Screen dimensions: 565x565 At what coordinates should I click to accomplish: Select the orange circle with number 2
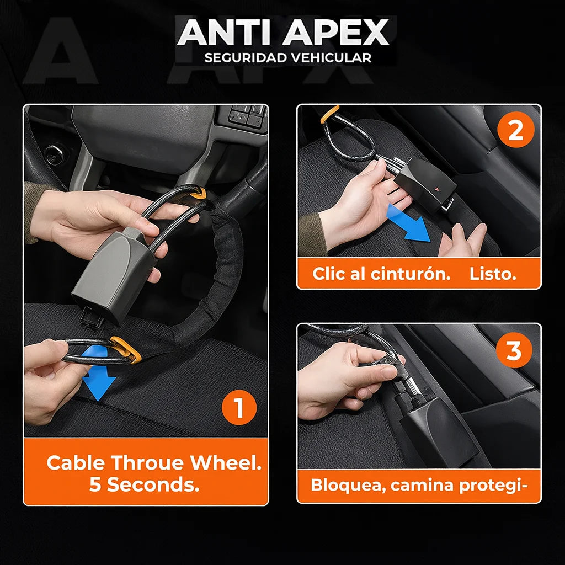(x=515, y=131)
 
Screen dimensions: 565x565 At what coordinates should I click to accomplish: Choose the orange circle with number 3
(x=514, y=350)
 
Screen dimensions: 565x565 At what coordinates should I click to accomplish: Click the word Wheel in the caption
(x=226, y=462)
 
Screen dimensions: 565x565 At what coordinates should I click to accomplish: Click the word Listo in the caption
(x=493, y=274)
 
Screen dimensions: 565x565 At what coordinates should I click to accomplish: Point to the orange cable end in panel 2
(x=330, y=113)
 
